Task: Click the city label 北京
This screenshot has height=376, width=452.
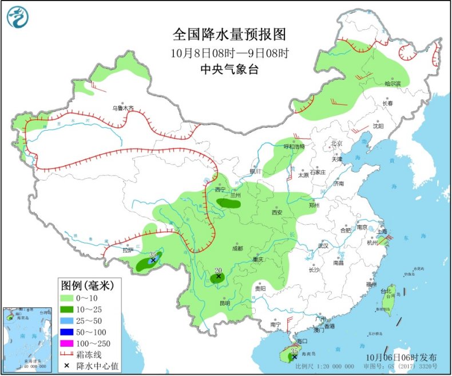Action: pyautogui.click(x=335, y=143)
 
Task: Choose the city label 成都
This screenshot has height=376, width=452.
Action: pyautogui.click(x=237, y=248)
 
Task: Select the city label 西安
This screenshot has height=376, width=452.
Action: pyautogui.click(x=277, y=212)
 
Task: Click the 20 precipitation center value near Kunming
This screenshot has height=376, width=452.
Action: pyautogui.click(x=217, y=271)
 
